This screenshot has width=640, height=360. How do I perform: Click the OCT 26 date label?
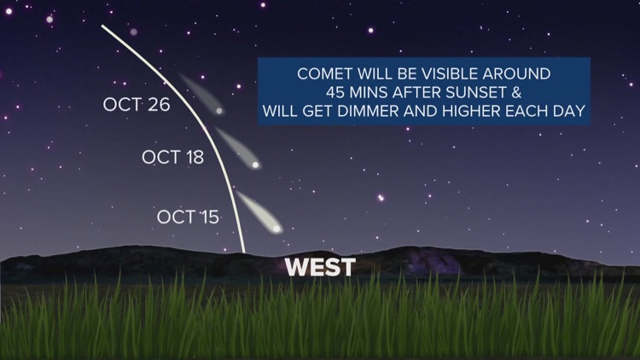137,106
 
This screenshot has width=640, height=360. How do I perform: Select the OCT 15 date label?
188,217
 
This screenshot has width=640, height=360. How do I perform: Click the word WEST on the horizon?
319,267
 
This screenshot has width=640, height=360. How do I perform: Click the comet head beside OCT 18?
254,165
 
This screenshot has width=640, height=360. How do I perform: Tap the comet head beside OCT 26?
220,111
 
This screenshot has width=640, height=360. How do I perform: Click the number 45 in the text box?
334,92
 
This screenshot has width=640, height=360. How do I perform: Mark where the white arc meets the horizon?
244,253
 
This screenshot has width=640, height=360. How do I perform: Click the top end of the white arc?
102,26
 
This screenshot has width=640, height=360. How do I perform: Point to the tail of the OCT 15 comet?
247,205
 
